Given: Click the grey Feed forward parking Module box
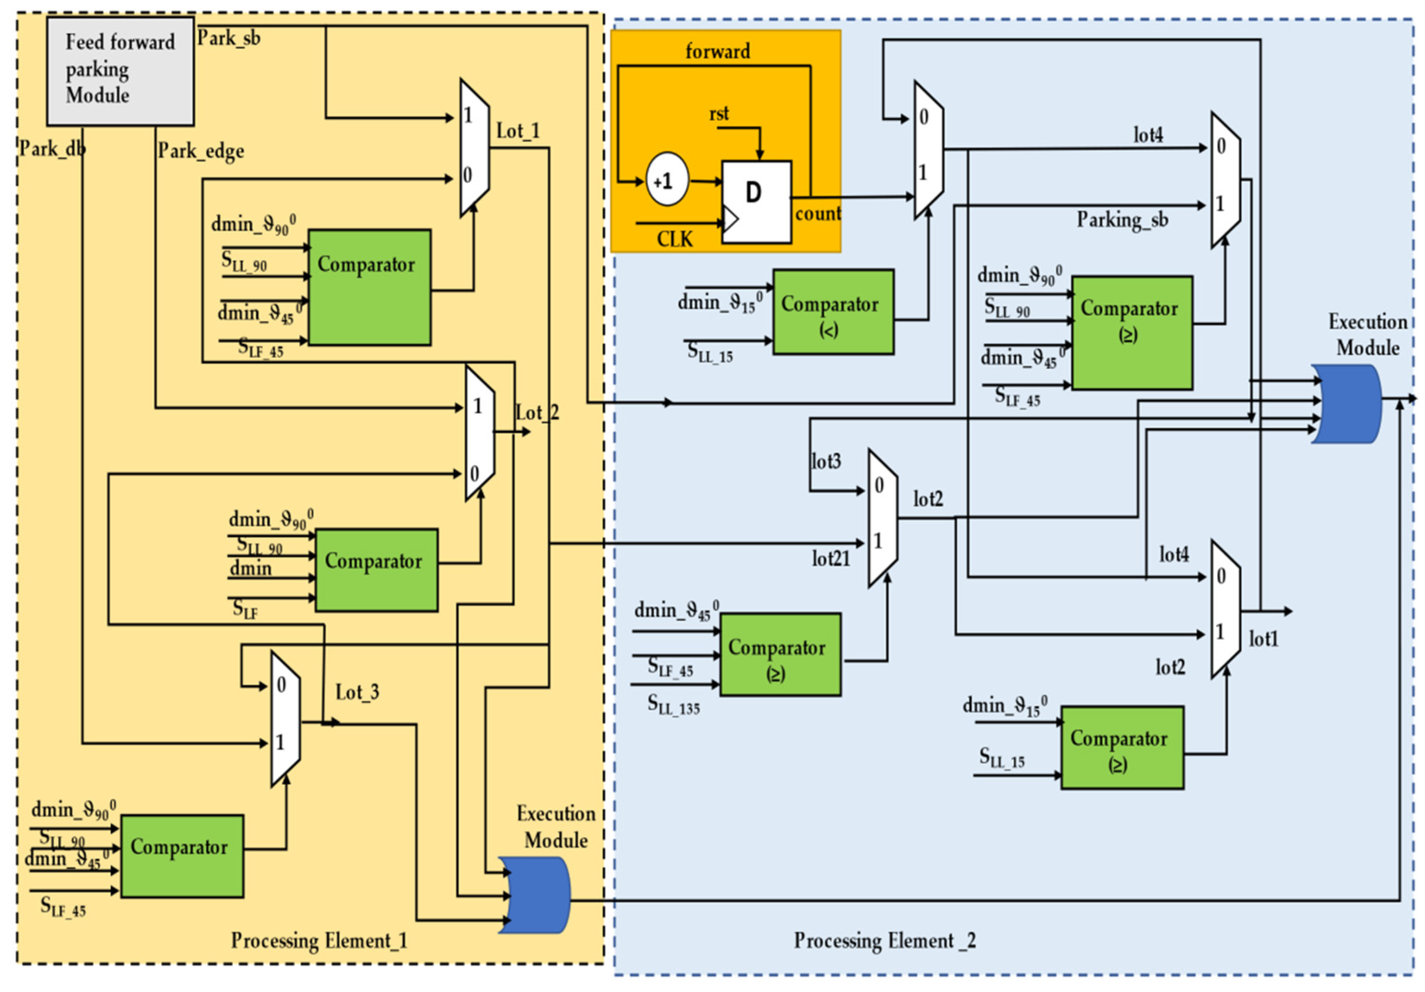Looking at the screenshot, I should pos(120,71).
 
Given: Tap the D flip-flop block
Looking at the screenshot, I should pos(756,202).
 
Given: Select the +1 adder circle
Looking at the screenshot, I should pos(667,180).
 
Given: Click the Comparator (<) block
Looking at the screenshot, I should pos(833,312).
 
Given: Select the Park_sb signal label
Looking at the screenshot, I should pos(229,38).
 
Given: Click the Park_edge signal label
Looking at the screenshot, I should pos(201,151).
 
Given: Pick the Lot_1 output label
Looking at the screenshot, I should pos(518,131).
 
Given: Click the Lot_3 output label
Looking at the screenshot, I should pos(357,692).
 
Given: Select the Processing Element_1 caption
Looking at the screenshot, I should pos(319,940).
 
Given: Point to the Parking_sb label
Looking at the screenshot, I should pos(1122,220).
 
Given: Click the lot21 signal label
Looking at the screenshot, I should pos(830,559).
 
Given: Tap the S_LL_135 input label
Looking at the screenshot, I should pos(673,705).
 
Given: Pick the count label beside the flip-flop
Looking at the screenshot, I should pos(818,214).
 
